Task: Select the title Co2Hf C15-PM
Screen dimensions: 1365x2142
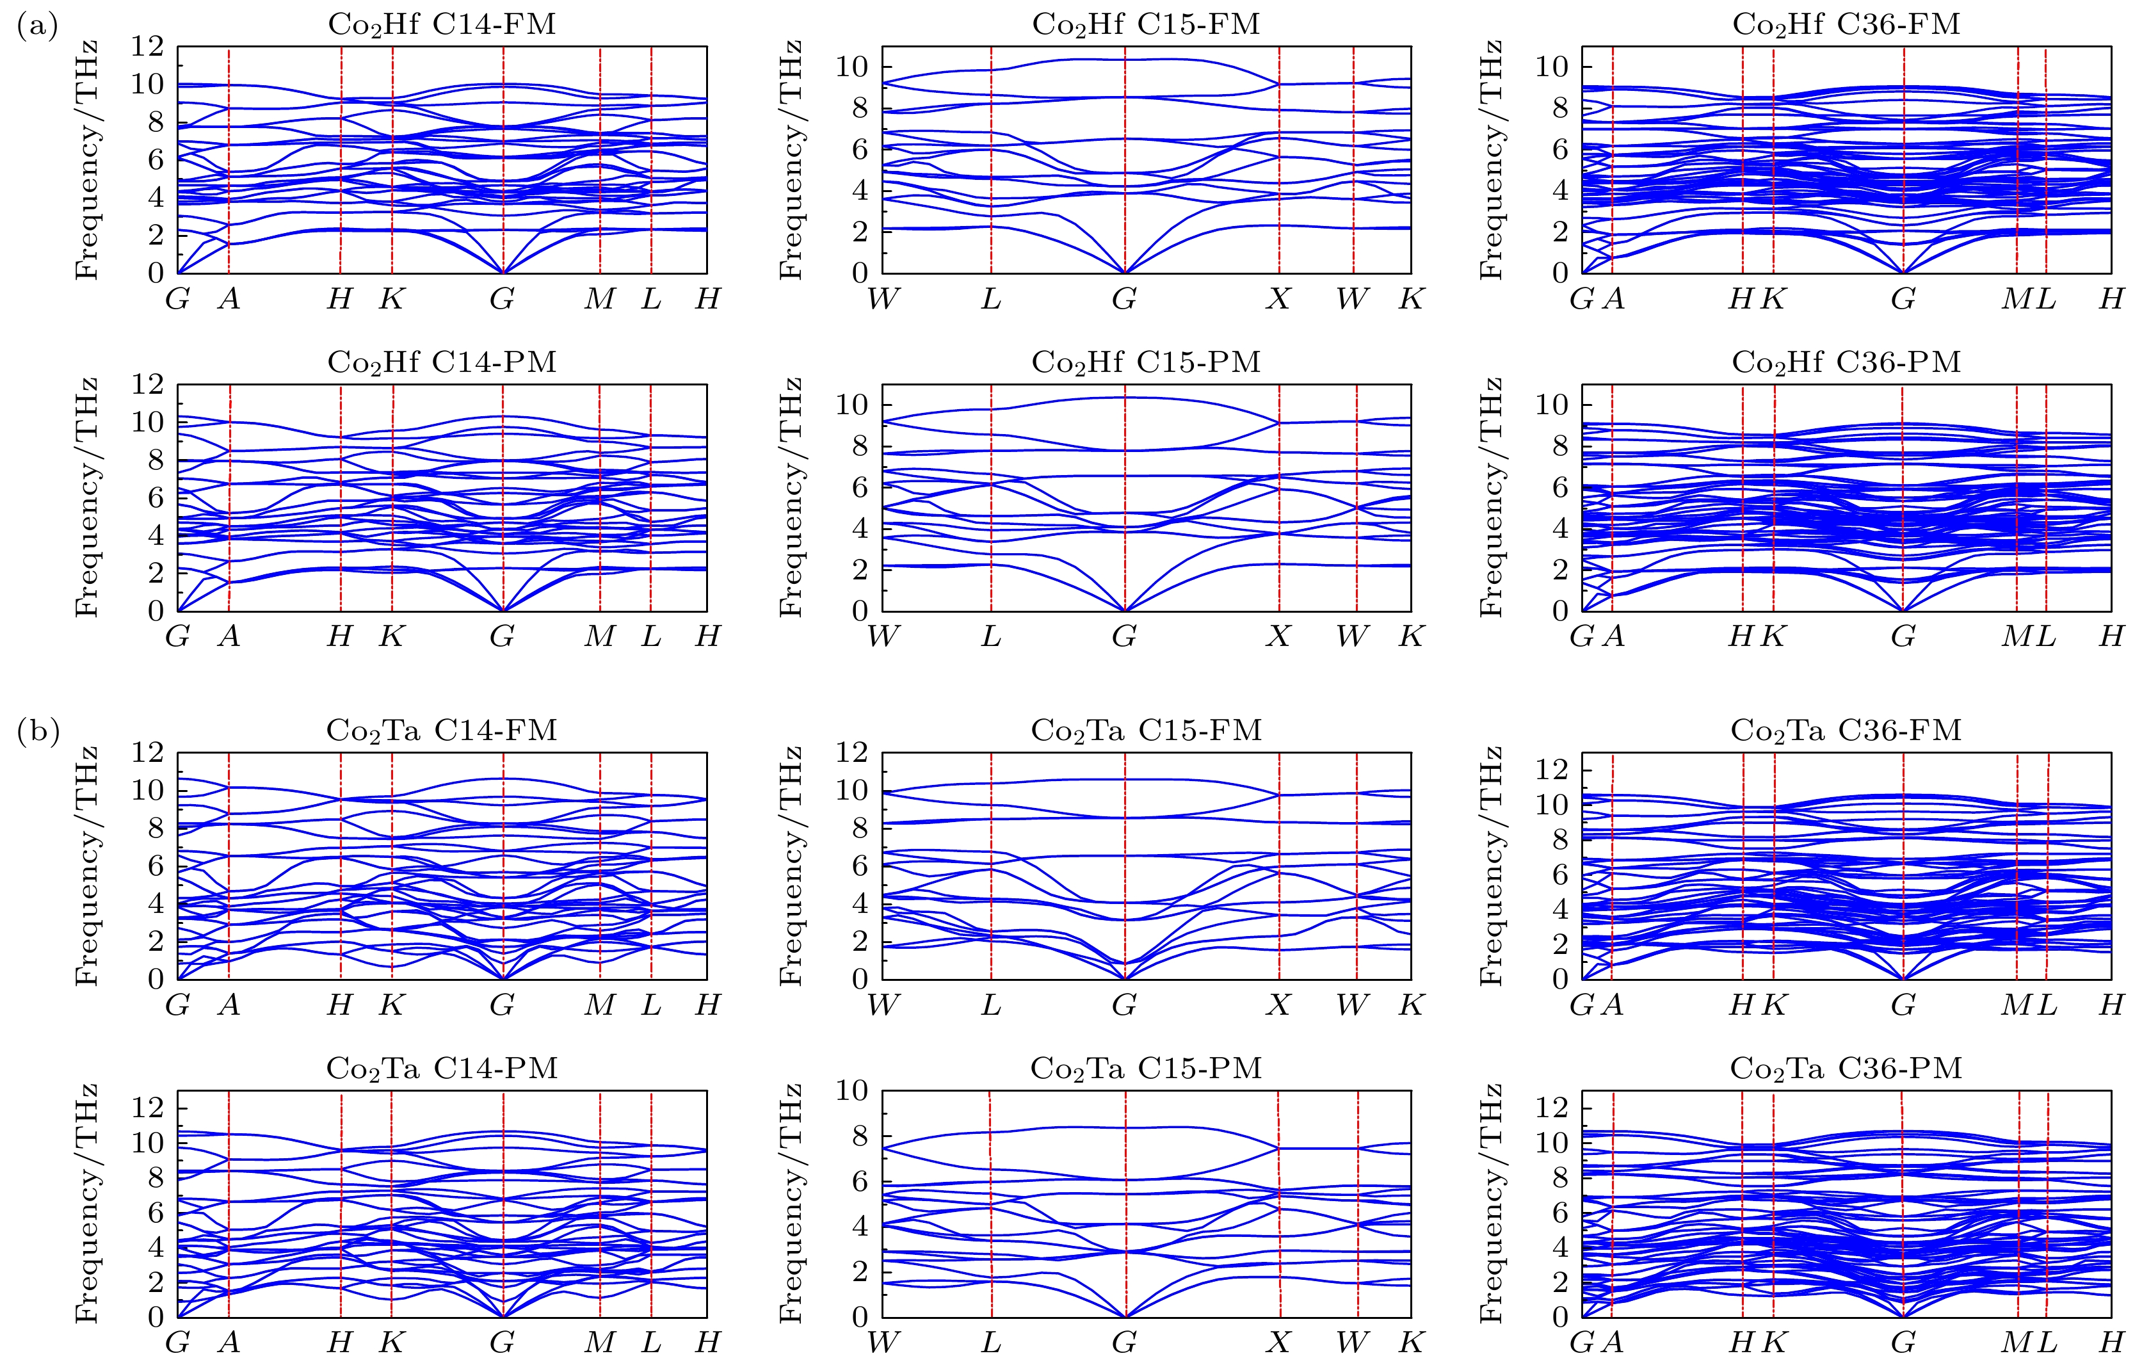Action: tap(1146, 362)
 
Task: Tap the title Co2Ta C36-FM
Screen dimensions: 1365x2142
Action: tap(1846, 731)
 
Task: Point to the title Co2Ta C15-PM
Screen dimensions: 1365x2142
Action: tap(1146, 1068)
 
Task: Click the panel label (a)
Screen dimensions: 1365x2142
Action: tap(37, 27)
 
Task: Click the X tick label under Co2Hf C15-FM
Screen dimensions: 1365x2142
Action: tap(1278, 299)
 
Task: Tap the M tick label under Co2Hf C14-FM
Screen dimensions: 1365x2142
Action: tap(600, 299)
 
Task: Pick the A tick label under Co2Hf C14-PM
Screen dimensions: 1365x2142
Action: tap(229, 636)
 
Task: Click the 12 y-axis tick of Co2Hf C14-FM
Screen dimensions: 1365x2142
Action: tap(148, 46)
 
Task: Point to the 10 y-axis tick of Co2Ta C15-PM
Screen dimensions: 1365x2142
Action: tap(851, 1091)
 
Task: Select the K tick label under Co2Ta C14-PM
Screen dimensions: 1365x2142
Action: tap(391, 1342)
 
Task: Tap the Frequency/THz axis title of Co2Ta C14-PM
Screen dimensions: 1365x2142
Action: tap(86, 1203)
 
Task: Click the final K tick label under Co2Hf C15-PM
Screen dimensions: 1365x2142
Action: tap(1411, 636)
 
